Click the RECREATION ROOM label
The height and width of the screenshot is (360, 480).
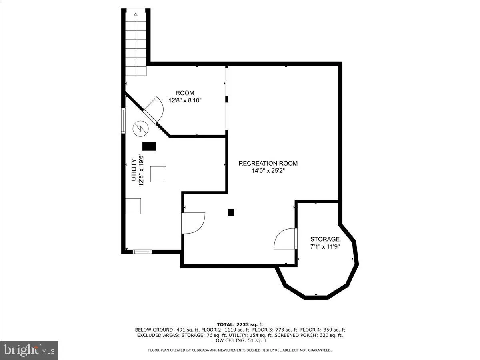(x=268, y=163)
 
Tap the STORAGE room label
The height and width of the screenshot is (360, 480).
(x=324, y=239)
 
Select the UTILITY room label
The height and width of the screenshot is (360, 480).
(x=134, y=170)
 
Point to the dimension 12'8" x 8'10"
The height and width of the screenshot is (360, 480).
(x=185, y=100)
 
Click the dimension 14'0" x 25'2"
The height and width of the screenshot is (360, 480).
(x=268, y=170)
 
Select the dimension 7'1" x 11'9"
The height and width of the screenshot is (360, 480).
(x=324, y=246)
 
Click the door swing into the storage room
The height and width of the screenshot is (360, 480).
(x=285, y=239)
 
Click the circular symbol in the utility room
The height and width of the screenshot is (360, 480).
(x=140, y=128)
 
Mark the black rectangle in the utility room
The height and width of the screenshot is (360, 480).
(x=150, y=146)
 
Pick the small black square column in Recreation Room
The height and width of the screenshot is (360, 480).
(x=231, y=212)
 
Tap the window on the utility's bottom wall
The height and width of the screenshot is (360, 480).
(x=142, y=252)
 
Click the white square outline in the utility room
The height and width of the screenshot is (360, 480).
(x=158, y=174)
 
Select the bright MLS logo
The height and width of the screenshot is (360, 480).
(x=29, y=350)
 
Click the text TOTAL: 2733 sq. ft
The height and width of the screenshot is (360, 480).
(x=240, y=324)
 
